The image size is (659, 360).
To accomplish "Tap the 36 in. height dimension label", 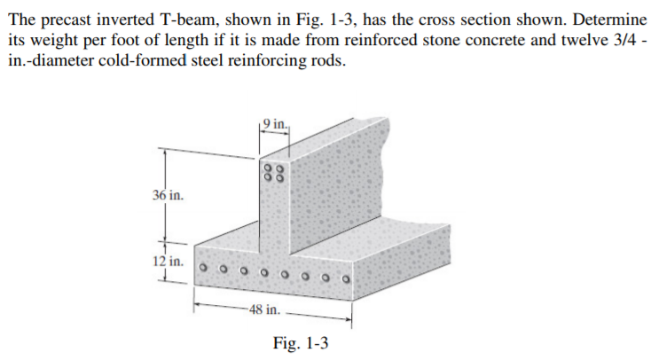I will point(168,194).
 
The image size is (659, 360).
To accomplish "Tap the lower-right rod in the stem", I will point(279,179).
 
